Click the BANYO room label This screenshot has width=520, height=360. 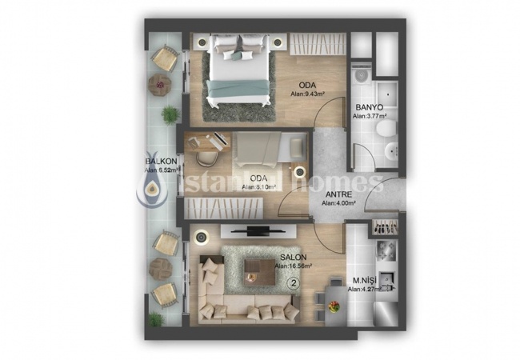click(x=370, y=106)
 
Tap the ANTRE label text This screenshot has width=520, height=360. click(x=336, y=194)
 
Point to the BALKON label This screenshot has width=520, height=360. click(x=160, y=159)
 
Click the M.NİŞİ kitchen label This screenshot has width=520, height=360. click(x=365, y=280)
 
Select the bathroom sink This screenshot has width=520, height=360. click(x=393, y=152)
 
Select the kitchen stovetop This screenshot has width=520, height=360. click(x=382, y=250)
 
